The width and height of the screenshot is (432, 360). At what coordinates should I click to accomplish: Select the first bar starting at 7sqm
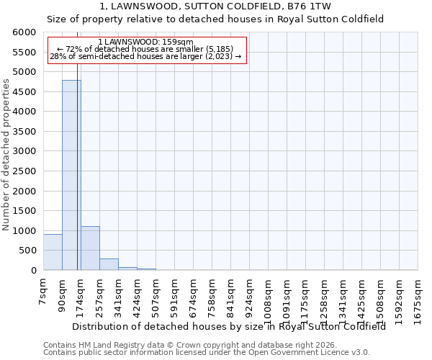tap(53, 252)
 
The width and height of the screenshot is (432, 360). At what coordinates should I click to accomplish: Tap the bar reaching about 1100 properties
tap(90, 248)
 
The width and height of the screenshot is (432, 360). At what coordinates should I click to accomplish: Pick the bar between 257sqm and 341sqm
tap(109, 264)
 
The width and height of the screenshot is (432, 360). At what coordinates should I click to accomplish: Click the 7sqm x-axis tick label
tap(44, 292)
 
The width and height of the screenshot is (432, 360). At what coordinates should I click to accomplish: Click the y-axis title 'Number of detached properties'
tap(6, 155)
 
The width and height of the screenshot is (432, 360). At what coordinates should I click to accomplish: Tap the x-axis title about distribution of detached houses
tap(229, 326)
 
